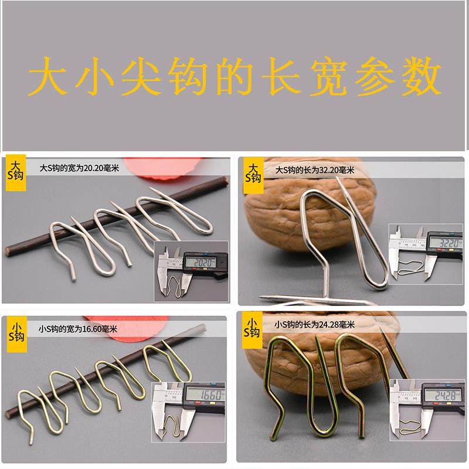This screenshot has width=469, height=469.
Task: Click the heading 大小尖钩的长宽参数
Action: tap(235, 76)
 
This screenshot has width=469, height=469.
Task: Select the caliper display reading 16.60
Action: tap(200, 396)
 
